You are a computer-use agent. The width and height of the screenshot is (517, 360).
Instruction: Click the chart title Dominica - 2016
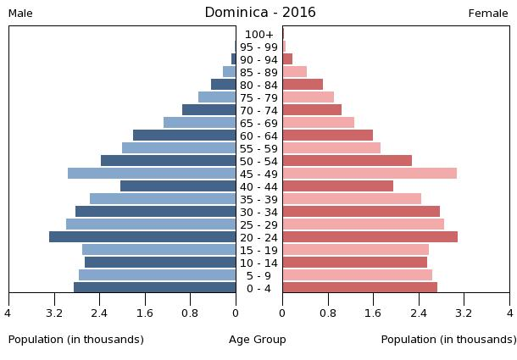pos(259,13)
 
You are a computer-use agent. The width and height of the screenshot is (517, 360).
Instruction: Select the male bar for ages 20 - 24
pos(142,237)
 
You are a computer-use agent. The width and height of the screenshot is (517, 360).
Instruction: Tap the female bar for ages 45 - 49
pos(370,174)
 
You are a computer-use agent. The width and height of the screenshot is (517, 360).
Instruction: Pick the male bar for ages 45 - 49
pos(152,174)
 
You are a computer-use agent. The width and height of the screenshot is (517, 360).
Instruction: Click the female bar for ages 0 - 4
pos(359,288)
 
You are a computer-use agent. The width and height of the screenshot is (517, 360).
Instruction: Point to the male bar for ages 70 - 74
pos(209,110)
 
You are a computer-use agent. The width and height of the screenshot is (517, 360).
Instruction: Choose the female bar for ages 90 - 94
pos(287,59)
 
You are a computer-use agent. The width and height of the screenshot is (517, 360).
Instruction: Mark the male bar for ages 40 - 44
pos(178,186)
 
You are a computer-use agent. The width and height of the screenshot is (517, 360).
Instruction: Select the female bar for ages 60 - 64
pos(327,136)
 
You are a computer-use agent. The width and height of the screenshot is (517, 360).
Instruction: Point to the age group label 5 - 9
pos(259,276)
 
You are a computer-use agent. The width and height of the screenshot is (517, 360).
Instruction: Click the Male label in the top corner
pos(20,14)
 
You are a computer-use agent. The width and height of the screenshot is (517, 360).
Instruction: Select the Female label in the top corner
pos(488,14)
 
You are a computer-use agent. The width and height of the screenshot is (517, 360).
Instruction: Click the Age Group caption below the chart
pos(258,340)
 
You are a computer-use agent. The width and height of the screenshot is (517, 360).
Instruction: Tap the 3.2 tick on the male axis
pos(54,313)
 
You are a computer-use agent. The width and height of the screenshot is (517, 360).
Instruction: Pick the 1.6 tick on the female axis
pos(373,313)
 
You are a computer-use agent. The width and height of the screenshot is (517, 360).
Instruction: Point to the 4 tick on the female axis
pos(509,313)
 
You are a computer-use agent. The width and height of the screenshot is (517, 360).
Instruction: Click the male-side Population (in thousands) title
pos(76,340)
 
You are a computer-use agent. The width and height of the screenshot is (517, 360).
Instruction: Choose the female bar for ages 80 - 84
pos(303,85)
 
